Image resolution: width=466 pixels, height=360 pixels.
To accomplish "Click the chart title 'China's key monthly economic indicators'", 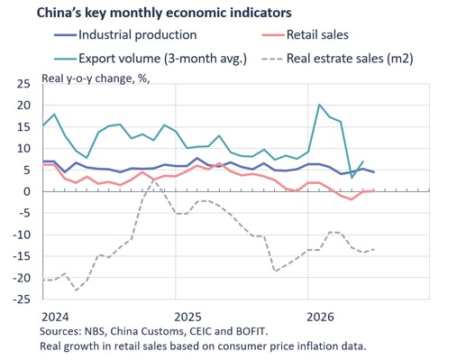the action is [164, 13].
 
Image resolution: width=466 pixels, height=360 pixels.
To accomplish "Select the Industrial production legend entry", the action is [125, 35].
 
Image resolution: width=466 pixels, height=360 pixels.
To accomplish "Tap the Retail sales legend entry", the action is [305, 35].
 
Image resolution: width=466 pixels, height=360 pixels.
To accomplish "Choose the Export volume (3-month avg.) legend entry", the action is [151, 59].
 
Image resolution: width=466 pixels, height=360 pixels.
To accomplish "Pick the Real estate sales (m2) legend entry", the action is [337, 59].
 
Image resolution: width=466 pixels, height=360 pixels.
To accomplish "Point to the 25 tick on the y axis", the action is [23, 84].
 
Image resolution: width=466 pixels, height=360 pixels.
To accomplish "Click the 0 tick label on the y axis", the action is [27, 191].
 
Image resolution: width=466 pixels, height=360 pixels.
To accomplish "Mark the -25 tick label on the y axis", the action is [22, 300].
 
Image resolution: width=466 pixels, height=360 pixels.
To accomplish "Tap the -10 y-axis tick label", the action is [22, 235].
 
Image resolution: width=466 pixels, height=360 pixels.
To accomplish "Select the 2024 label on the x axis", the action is [55, 317].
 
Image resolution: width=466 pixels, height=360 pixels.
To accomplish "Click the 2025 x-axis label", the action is [187, 317].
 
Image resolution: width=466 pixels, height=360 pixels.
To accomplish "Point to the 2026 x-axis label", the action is [320, 317].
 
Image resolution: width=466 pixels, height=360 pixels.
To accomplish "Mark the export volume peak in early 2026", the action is [319, 105].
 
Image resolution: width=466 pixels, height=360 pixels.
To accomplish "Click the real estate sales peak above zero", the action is [153, 180].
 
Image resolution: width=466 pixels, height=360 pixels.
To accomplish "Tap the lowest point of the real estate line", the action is [77, 291].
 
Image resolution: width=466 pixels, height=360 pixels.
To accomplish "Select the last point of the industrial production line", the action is [374, 172].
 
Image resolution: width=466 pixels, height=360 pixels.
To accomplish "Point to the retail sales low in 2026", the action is [352, 199].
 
